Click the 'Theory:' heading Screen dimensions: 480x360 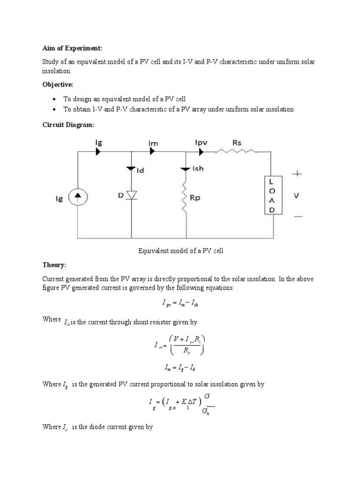(x=54, y=265)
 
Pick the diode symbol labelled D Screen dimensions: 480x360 (x=131, y=195)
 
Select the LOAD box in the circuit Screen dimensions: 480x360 (x=272, y=195)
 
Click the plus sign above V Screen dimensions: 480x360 (x=298, y=173)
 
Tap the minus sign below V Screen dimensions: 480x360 (x=298, y=217)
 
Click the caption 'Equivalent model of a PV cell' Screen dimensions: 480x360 (x=180, y=251)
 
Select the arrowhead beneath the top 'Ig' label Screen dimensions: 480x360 (x=98, y=151)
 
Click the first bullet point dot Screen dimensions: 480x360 (x=54, y=99)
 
